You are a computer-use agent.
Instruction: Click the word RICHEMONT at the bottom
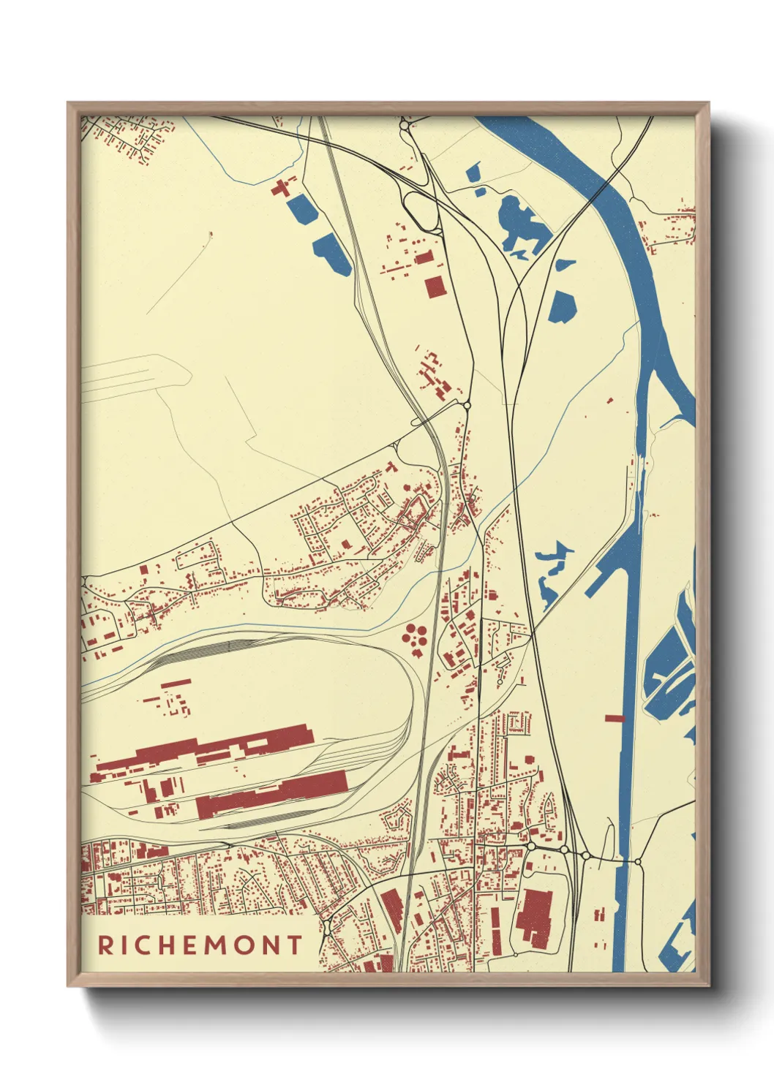click(x=200, y=945)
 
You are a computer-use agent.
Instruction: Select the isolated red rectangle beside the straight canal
click(x=615, y=719)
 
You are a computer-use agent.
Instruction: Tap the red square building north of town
click(x=435, y=287)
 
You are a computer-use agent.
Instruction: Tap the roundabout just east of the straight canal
click(x=638, y=862)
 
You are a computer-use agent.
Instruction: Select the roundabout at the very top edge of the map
click(x=404, y=125)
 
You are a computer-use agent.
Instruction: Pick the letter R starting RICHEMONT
click(x=105, y=945)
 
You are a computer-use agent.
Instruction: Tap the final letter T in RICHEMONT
click(x=294, y=945)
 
